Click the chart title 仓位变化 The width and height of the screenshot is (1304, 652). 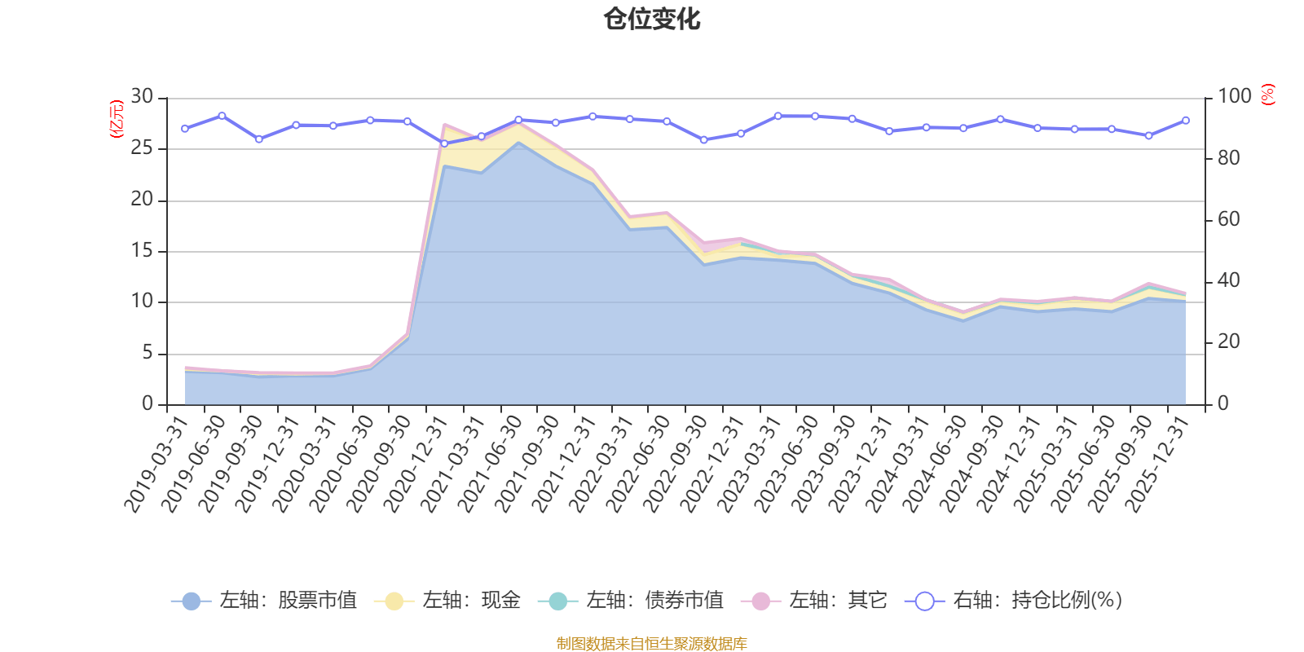[652, 19]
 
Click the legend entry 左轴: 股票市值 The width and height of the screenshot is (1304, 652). [264, 601]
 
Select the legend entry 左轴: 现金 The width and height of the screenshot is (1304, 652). [447, 601]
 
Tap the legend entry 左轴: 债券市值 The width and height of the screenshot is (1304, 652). [631, 601]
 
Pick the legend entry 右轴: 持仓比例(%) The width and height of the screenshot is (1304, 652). [1014, 601]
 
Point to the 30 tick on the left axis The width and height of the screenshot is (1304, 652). [142, 97]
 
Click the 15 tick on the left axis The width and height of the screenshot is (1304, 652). [142, 251]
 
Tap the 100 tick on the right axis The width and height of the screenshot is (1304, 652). [1234, 97]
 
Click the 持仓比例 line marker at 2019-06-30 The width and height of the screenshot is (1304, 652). [222, 116]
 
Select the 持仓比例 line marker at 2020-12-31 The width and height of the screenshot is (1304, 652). [444, 143]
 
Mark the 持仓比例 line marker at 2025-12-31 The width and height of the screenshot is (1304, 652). [1185, 121]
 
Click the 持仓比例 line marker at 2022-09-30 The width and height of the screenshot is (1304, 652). [703, 140]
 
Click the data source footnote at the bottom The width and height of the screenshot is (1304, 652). [651, 644]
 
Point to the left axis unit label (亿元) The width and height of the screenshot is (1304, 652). [116, 119]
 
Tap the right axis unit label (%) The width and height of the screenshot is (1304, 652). [1267, 95]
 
